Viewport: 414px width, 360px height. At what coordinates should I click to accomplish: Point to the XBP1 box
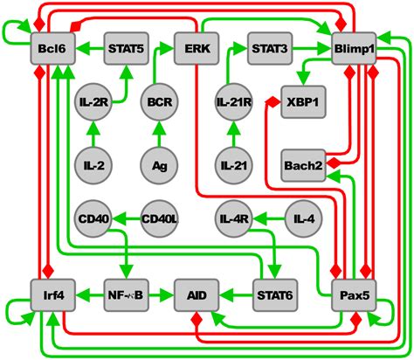305,102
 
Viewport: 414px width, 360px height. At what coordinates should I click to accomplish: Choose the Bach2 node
305,163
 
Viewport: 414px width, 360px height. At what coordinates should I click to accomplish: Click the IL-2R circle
92,102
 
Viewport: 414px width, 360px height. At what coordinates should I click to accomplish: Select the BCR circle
159,102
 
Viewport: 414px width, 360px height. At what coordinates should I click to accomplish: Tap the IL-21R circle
232,102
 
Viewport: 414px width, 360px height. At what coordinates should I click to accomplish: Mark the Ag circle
159,163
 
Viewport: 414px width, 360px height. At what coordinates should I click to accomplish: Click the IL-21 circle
232,163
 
